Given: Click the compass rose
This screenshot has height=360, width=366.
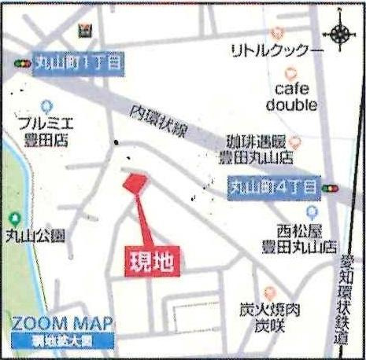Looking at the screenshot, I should (342, 33).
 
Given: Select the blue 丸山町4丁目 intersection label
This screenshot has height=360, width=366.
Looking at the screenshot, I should (272, 187).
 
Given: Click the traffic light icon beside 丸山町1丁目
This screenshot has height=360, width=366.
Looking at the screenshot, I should (20, 63).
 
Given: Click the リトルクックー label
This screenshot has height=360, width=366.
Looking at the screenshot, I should (277, 51).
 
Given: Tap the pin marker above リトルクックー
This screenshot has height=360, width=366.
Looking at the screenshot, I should (277, 34).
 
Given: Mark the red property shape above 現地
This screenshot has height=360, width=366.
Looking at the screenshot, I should (133, 182).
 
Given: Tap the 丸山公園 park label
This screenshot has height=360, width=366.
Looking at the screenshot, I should (35, 235).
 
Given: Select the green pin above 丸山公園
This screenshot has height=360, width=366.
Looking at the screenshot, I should (13, 218).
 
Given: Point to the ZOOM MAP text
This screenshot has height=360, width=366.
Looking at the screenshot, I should (62, 323).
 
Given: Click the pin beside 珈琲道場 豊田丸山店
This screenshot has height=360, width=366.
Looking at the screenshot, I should (295, 142).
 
